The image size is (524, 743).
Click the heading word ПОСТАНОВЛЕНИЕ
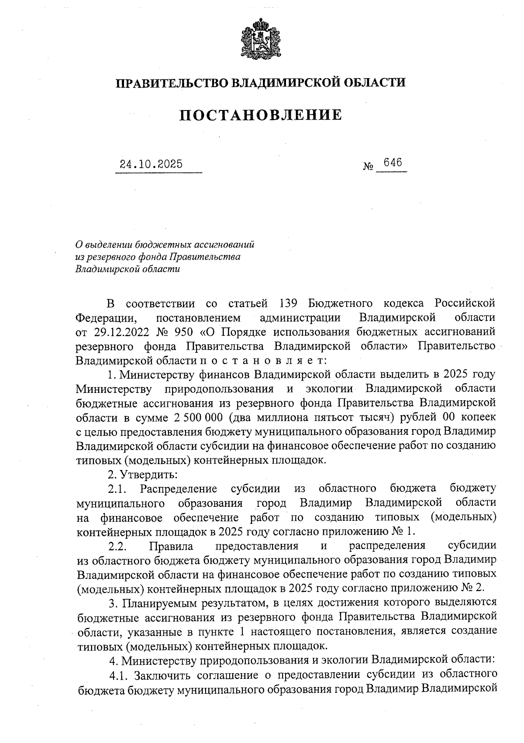[261, 115]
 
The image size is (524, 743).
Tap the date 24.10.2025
[152, 165]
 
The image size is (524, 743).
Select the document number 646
[392, 162]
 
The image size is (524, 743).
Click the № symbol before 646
[368, 166]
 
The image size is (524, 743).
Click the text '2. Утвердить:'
[142, 475]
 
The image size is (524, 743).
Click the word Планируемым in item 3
[169, 603]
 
